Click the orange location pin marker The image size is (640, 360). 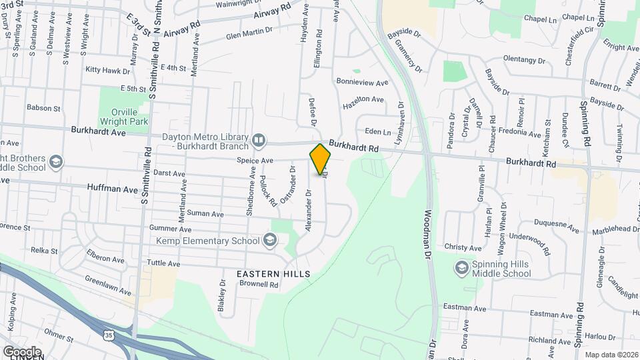tap(320, 159)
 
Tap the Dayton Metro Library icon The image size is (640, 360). tap(259, 141)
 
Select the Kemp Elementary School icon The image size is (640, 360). tap(270, 240)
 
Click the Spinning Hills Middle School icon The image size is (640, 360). tap(461, 268)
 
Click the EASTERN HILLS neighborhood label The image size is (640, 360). tap(273, 274)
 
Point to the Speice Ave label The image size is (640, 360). tap(255, 161)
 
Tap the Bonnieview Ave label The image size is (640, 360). tap(362, 83)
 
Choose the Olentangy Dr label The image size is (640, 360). tap(524, 59)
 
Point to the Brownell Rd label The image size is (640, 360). tap(259, 283)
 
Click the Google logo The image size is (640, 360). tap(22, 351)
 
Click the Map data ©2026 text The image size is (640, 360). tap(611, 355)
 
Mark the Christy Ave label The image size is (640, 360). tap(463, 247)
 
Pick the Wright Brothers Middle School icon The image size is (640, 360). tap(56, 162)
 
